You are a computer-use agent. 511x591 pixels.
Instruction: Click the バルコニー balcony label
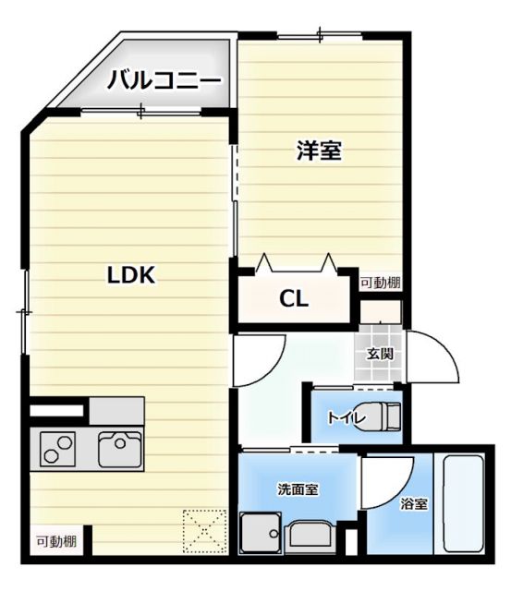[x=164, y=81]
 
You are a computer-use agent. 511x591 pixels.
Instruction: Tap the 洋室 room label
[x=320, y=151]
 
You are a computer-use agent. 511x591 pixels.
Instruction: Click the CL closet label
[x=295, y=299]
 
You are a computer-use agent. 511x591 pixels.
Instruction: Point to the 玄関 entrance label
[x=380, y=354]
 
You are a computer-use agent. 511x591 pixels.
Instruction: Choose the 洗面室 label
[x=298, y=488]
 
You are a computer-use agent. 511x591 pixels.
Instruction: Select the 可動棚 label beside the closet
[x=380, y=283]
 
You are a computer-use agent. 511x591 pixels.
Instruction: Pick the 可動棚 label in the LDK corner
[x=56, y=541]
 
